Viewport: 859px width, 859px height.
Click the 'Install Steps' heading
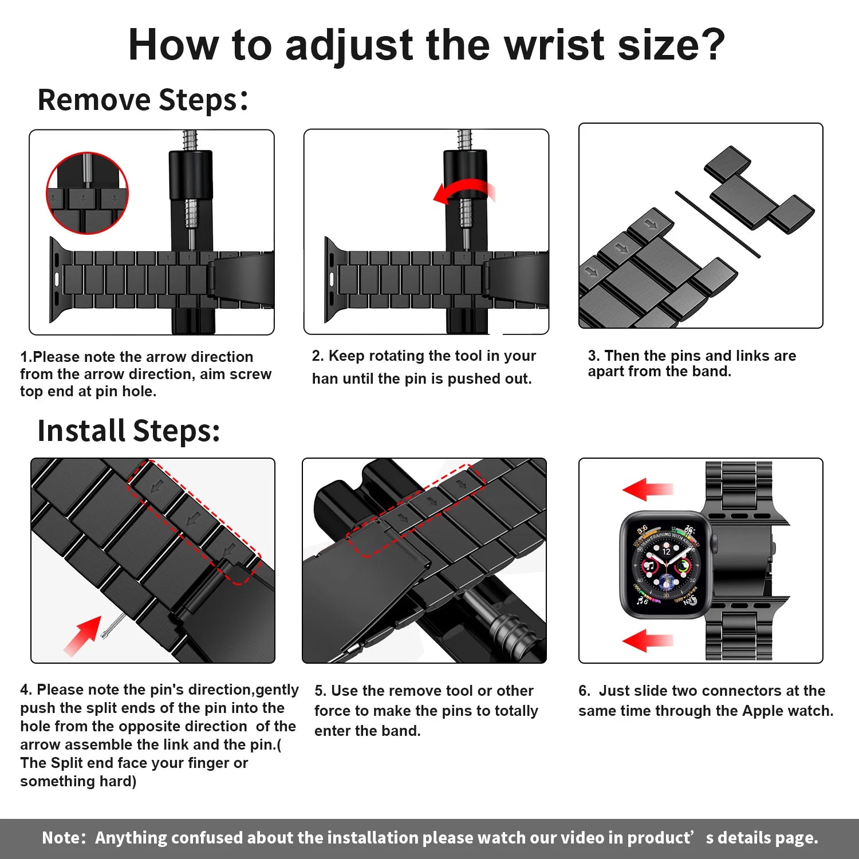coord(128,431)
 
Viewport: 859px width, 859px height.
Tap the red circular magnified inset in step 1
coord(87,193)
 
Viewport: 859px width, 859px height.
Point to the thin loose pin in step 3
coord(717,224)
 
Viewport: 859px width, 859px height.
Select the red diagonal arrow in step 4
coord(82,635)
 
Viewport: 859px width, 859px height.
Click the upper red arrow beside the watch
coord(647,489)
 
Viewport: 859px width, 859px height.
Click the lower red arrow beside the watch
coord(647,640)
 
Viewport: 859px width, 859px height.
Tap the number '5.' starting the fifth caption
coord(320,691)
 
